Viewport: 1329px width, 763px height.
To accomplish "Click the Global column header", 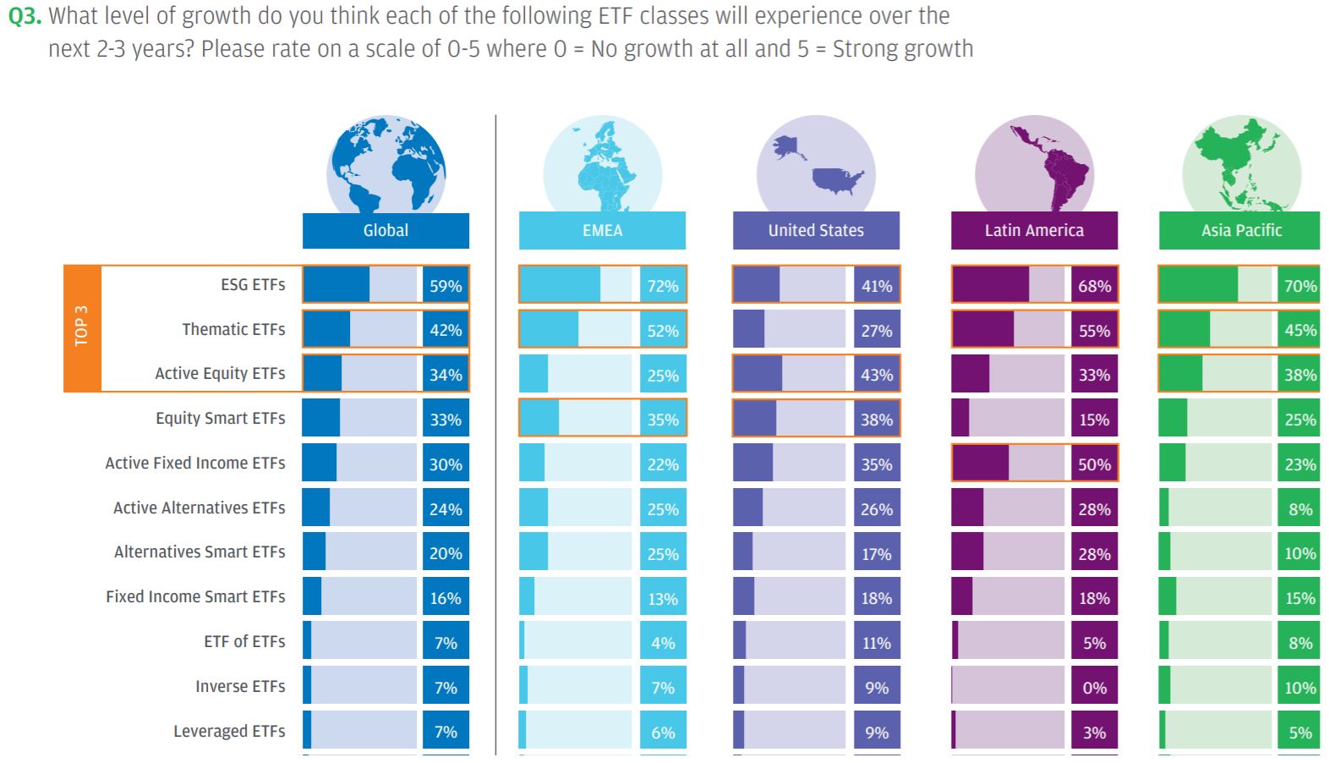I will tap(386, 230).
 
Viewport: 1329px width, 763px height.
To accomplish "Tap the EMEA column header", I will tap(602, 230).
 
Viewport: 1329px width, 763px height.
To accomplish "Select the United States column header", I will tap(816, 230).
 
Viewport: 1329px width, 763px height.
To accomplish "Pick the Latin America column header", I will tap(1034, 230).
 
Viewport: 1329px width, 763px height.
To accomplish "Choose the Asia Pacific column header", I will tap(1241, 230).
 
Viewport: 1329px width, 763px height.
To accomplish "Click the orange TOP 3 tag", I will tap(82, 328).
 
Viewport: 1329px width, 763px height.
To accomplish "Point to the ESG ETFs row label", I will tap(253, 285).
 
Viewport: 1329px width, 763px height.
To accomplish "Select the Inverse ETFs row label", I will tap(240, 686).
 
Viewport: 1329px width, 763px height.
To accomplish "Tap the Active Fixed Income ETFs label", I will tap(195, 463).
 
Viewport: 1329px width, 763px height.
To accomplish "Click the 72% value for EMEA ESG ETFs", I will tap(663, 286).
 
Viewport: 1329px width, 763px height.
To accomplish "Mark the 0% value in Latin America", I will tap(1094, 688).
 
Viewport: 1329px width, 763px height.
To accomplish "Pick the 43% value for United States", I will tap(877, 375).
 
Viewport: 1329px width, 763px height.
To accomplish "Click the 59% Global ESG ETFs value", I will tap(446, 286).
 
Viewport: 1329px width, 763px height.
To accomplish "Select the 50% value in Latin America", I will tap(1094, 464).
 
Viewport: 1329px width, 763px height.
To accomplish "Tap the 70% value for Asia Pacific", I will tap(1299, 286).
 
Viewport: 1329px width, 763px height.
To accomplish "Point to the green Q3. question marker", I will tap(25, 16).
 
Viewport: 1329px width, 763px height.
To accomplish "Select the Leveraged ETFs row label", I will tap(229, 731).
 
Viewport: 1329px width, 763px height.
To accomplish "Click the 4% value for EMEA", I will tap(663, 643).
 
